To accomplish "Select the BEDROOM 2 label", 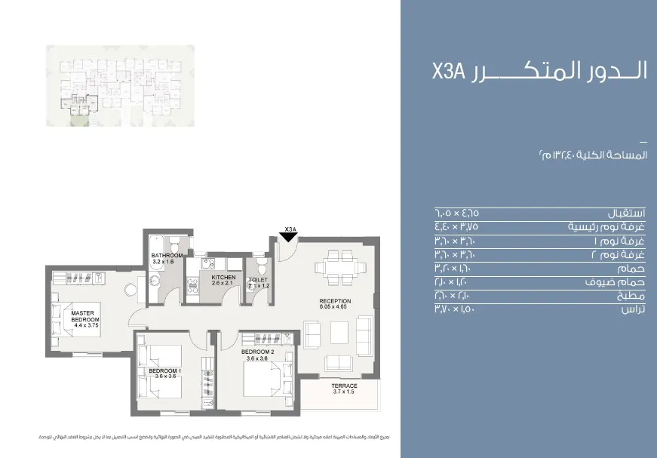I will coord(258,352).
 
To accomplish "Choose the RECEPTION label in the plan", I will coord(335,301).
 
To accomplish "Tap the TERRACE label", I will coord(344,386).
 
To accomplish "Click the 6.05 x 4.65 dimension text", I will coord(335,307).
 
